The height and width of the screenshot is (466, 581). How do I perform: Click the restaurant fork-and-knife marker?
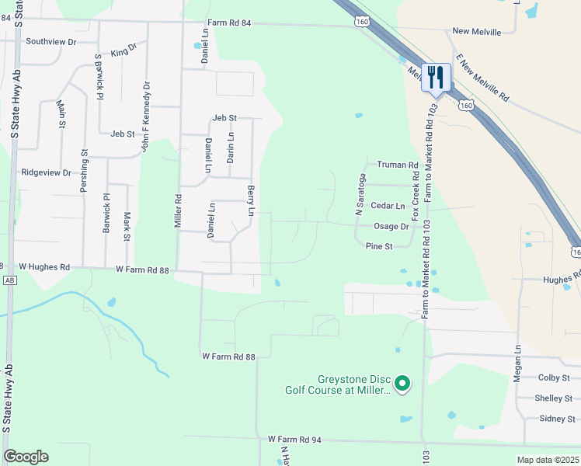pos(436,78)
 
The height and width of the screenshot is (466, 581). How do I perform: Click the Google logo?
pos(26,457)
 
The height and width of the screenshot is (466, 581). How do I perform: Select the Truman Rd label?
pos(397,165)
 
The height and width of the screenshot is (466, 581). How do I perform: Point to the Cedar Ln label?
pos(388,206)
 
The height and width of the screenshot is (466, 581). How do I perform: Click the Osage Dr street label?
pos(391,226)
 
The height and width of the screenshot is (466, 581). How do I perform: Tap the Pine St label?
pos(379,245)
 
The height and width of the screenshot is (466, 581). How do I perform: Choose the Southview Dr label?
pos(51,41)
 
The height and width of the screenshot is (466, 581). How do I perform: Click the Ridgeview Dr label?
pos(46,172)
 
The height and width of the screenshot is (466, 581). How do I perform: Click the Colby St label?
pos(555,377)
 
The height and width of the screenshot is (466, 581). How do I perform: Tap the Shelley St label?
pos(554,398)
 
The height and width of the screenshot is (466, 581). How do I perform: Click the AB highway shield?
pos(9,280)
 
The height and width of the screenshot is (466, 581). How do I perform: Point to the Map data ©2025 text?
pos(548,460)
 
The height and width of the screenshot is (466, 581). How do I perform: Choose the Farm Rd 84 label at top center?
pos(229,25)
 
